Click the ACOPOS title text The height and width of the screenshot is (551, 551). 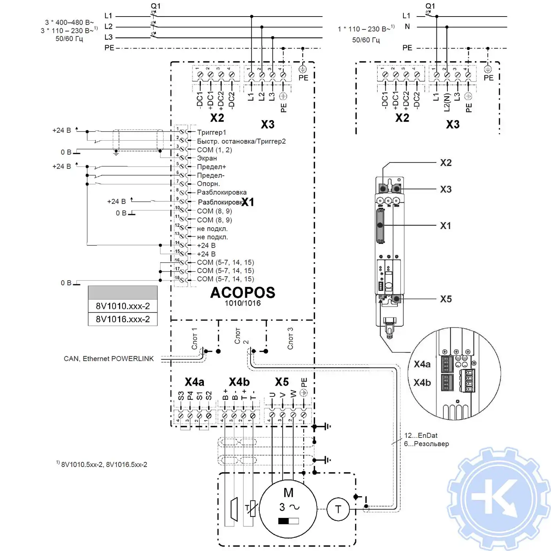(242, 293)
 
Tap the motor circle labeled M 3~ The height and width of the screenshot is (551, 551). (288, 509)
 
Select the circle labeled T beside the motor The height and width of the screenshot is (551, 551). (338, 509)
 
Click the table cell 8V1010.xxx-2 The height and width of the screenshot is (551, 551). (123, 306)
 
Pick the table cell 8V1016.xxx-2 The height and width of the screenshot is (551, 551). (123, 319)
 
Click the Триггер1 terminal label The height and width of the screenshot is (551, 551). (212, 132)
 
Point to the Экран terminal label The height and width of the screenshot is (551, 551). (207, 158)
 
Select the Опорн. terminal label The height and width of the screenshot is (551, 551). (208, 184)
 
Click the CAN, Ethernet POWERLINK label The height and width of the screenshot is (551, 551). (109, 359)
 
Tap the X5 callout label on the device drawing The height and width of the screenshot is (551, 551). (446, 299)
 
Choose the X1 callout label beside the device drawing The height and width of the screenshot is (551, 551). (445, 226)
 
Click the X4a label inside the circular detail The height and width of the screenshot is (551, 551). (422, 364)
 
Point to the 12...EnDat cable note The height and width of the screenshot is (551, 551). (421, 435)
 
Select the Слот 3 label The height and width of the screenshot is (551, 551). (290, 338)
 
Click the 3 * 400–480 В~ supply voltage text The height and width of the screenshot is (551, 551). (69, 22)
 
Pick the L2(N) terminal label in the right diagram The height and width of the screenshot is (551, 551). (447, 102)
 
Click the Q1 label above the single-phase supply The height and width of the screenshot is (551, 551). (430, 6)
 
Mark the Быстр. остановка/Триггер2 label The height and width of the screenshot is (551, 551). (241, 141)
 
